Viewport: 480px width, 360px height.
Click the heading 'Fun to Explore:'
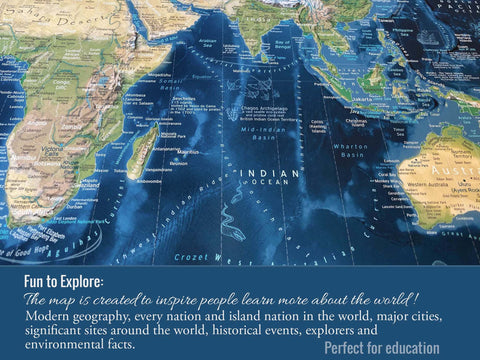click(65, 281)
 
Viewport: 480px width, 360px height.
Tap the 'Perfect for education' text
click(381, 348)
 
